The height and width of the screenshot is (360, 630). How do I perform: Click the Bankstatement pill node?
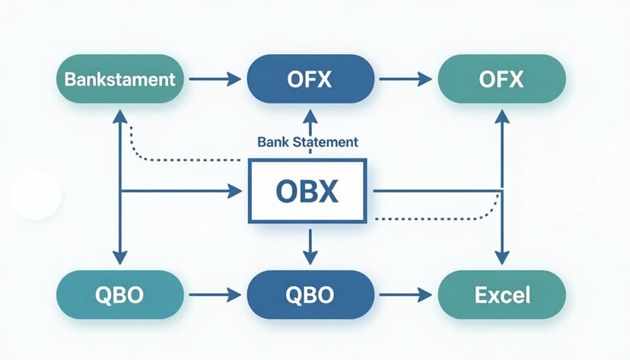tap(120, 78)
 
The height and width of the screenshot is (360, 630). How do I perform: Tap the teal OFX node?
tap(501, 78)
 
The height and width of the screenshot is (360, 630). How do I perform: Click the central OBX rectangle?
tap(308, 191)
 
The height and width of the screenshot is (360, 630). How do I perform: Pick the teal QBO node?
tap(120, 293)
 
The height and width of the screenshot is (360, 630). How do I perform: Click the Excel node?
tap(501, 293)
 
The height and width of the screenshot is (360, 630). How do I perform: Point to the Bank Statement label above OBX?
tap(308, 142)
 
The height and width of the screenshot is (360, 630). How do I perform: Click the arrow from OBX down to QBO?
tap(308, 245)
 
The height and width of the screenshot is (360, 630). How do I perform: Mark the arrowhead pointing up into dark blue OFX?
tap(308, 116)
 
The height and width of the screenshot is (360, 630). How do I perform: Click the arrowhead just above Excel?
tap(501, 257)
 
